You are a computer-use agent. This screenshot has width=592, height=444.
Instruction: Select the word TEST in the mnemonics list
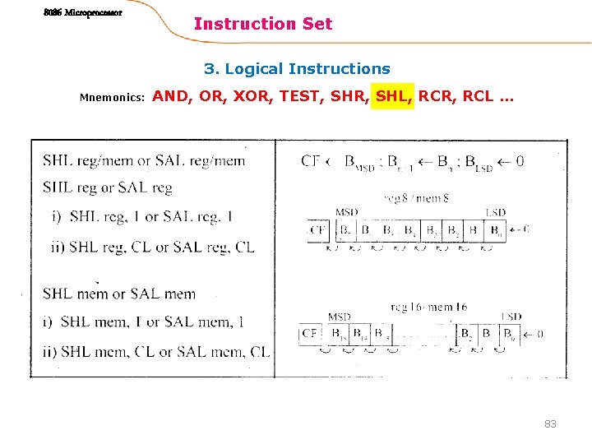[x=301, y=96]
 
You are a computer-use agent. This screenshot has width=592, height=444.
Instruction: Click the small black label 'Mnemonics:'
[x=112, y=98]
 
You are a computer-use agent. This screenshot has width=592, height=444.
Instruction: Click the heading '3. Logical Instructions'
[x=297, y=69]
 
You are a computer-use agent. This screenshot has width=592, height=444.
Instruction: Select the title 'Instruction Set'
[x=263, y=24]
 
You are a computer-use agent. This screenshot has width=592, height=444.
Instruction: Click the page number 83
[x=550, y=423]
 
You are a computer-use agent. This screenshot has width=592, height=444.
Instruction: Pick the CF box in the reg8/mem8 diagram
[x=317, y=230]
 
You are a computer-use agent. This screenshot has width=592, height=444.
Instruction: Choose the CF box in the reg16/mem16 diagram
[x=310, y=334]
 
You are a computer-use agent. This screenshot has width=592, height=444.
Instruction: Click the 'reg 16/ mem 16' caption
[x=429, y=308]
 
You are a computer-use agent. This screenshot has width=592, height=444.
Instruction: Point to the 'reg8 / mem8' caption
[x=416, y=197]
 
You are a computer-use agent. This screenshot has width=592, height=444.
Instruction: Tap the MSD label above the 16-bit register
[x=339, y=317]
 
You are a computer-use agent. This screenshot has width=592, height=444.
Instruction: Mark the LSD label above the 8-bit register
[x=495, y=213]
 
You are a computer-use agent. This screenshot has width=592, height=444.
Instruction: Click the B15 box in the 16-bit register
[x=337, y=334]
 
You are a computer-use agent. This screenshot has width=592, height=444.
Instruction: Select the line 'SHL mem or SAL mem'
[x=119, y=294]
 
